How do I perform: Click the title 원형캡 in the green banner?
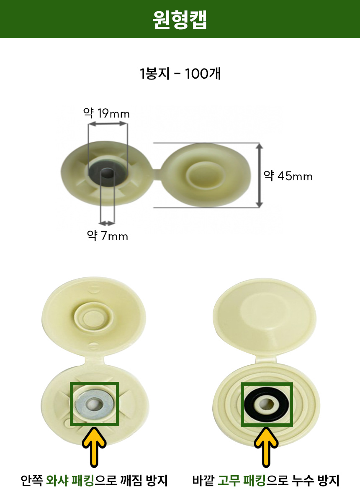tap(180, 20)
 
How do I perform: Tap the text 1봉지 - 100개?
tap(180, 74)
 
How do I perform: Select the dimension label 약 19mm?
tap(107, 113)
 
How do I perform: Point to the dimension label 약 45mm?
tap(288, 176)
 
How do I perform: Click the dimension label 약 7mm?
tap(108, 236)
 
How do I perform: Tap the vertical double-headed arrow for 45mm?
tap(259, 175)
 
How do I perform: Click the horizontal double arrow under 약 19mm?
tap(108, 123)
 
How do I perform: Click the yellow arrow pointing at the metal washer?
tap(94, 447)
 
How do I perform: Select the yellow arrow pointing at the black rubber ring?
tap(266, 447)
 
